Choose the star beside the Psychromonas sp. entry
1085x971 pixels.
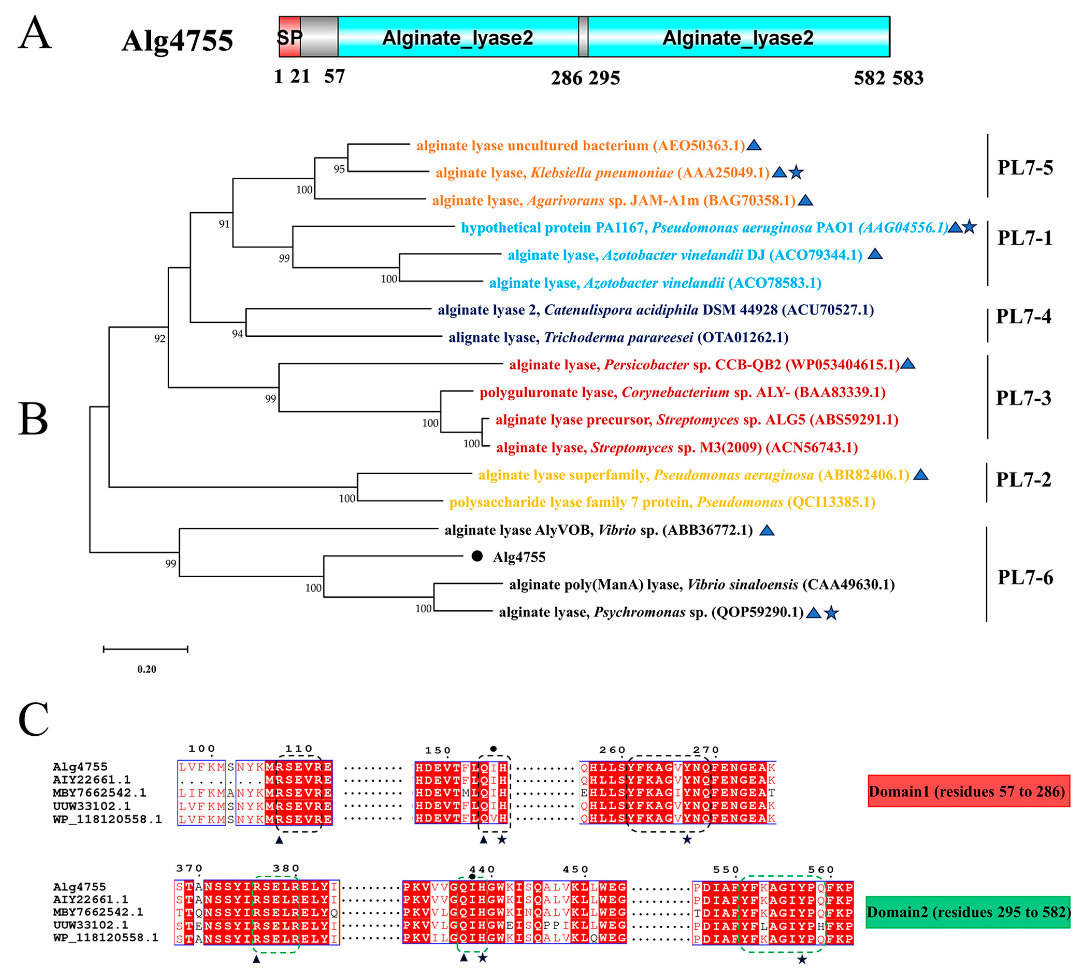tap(831, 613)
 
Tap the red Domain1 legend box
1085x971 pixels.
tap(968, 791)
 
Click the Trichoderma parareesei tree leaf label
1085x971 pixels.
tap(618, 337)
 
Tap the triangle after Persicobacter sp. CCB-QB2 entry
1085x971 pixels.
tap(908, 364)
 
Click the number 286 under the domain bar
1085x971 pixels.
tap(566, 78)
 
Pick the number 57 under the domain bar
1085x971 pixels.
tap(334, 77)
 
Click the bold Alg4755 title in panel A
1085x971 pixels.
tap(177, 41)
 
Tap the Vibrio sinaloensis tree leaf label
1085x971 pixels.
tap(701, 585)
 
